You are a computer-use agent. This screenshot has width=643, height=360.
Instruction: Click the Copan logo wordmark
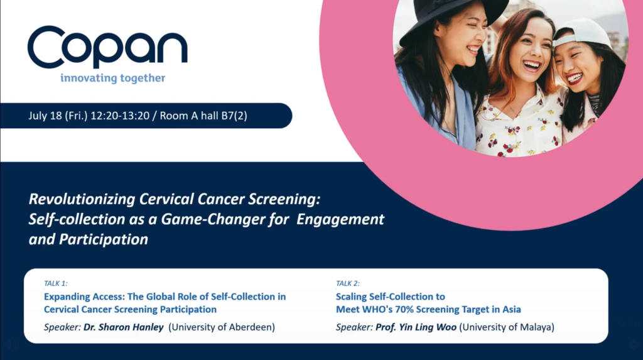tap(107, 46)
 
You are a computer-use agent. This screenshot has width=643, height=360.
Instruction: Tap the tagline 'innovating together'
tap(113, 78)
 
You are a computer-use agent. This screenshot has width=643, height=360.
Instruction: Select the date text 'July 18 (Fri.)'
tap(58, 116)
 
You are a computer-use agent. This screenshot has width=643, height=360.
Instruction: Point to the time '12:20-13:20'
tap(120, 116)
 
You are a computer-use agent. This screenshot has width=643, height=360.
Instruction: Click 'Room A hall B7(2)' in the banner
tap(203, 116)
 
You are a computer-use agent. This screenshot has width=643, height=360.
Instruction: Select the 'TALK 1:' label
tap(56, 283)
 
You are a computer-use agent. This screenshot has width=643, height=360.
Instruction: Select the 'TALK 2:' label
tap(348, 283)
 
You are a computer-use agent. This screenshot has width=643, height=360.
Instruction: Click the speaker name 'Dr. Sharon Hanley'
tap(124, 327)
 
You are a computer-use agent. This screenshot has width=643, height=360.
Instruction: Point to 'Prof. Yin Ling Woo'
tap(416, 327)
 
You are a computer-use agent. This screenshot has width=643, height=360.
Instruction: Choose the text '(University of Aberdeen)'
tap(222, 327)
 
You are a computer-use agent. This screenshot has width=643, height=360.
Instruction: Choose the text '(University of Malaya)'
tap(507, 327)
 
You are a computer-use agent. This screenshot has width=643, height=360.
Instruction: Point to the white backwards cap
tap(581, 33)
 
